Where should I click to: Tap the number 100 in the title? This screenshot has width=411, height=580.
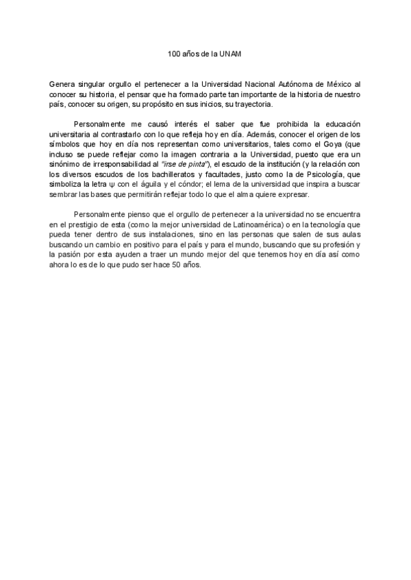coord(175,53)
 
